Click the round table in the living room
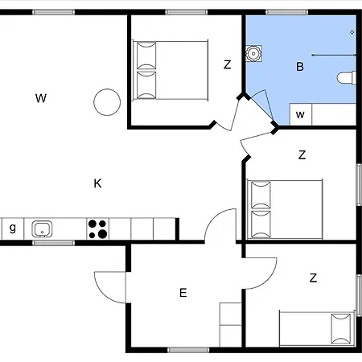[x=107, y=102]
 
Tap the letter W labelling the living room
[x=41, y=98]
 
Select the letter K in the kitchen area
[x=97, y=183]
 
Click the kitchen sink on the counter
[x=42, y=229]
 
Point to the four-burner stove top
[x=98, y=228]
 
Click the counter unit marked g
[x=13, y=228]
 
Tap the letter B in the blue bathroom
[x=300, y=67]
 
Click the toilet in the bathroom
[x=347, y=78]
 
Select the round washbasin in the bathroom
[x=253, y=53]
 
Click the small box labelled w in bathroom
[x=301, y=114]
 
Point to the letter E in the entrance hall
[x=183, y=293]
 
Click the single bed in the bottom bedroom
[x=317, y=329]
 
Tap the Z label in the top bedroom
[x=227, y=64]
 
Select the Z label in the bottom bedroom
[x=313, y=278]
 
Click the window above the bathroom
[x=286, y=12]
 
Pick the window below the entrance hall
[x=188, y=350]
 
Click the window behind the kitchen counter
[x=54, y=243]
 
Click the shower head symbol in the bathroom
[x=352, y=32]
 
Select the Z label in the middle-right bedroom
[x=302, y=155]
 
